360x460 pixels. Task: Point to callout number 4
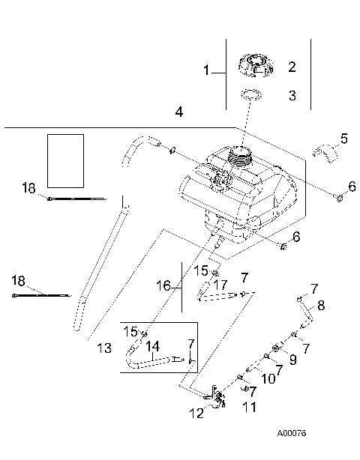(178, 112)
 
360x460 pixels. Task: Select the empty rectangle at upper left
(64, 160)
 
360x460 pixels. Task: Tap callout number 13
(104, 348)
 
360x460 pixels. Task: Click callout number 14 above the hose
(153, 346)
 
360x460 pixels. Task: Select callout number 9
(292, 359)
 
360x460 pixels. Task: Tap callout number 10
(266, 379)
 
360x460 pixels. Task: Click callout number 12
(196, 413)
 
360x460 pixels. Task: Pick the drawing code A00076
(291, 433)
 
